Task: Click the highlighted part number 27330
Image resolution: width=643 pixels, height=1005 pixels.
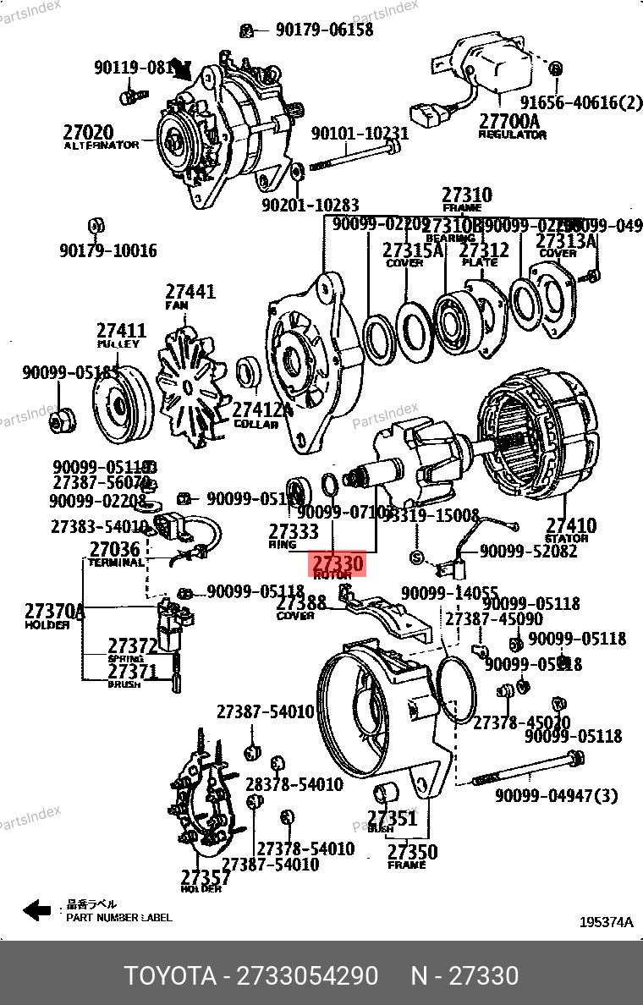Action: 338,563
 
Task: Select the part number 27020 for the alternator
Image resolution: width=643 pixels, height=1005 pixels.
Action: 88,132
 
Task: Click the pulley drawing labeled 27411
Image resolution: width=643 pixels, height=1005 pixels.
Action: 118,409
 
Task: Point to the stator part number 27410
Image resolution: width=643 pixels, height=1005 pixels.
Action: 570,525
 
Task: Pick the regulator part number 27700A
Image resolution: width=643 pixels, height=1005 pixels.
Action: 509,121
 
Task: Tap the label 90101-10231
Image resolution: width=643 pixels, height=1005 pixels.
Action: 360,134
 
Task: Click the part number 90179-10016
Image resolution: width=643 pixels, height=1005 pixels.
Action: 107,250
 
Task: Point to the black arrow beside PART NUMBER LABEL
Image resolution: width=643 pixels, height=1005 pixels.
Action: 37,910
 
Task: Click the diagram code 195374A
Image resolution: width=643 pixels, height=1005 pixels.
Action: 606,922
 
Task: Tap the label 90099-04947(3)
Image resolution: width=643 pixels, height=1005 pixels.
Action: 556,795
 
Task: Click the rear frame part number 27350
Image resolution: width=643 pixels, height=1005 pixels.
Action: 412,851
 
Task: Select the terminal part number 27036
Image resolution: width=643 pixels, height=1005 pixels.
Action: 114,550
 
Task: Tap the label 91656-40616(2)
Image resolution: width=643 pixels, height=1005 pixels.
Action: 581,103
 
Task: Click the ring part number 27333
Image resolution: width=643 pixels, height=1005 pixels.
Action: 294,531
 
